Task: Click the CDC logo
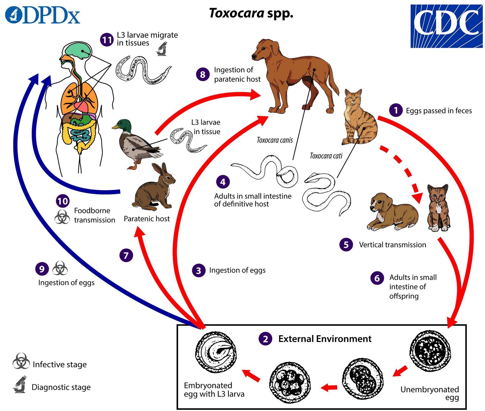(x=446, y=26)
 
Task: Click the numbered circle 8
(x=203, y=74)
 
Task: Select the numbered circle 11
(x=107, y=40)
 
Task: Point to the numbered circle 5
(x=346, y=244)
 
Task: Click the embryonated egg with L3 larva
(x=216, y=352)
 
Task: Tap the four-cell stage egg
(x=290, y=382)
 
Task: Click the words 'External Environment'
(x=325, y=339)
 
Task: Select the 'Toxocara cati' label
(x=326, y=156)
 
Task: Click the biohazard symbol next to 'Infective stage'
(x=21, y=361)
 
